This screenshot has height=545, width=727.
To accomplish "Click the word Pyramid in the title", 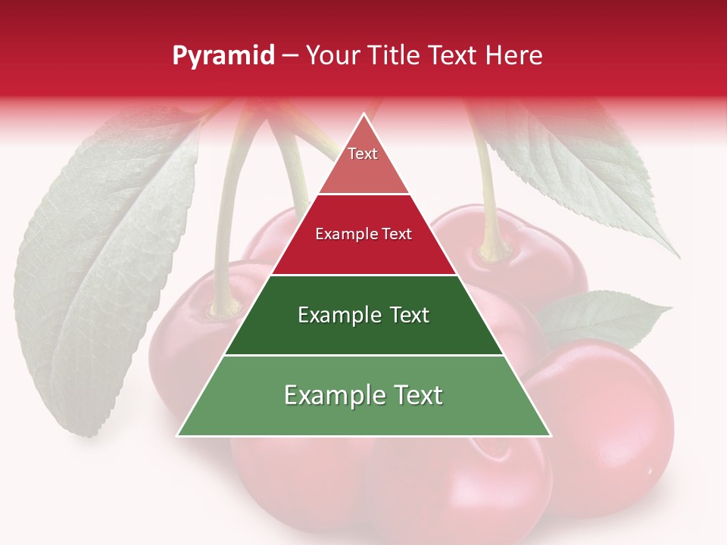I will (223, 56).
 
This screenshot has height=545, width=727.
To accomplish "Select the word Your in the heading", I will (332, 55).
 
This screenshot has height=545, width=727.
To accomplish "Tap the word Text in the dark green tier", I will (410, 315).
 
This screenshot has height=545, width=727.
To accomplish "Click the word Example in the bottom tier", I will (329, 395).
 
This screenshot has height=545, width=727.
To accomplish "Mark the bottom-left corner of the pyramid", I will (179, 435).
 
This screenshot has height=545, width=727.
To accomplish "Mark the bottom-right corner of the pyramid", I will (550, 435).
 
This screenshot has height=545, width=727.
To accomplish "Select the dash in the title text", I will (290, 56).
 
